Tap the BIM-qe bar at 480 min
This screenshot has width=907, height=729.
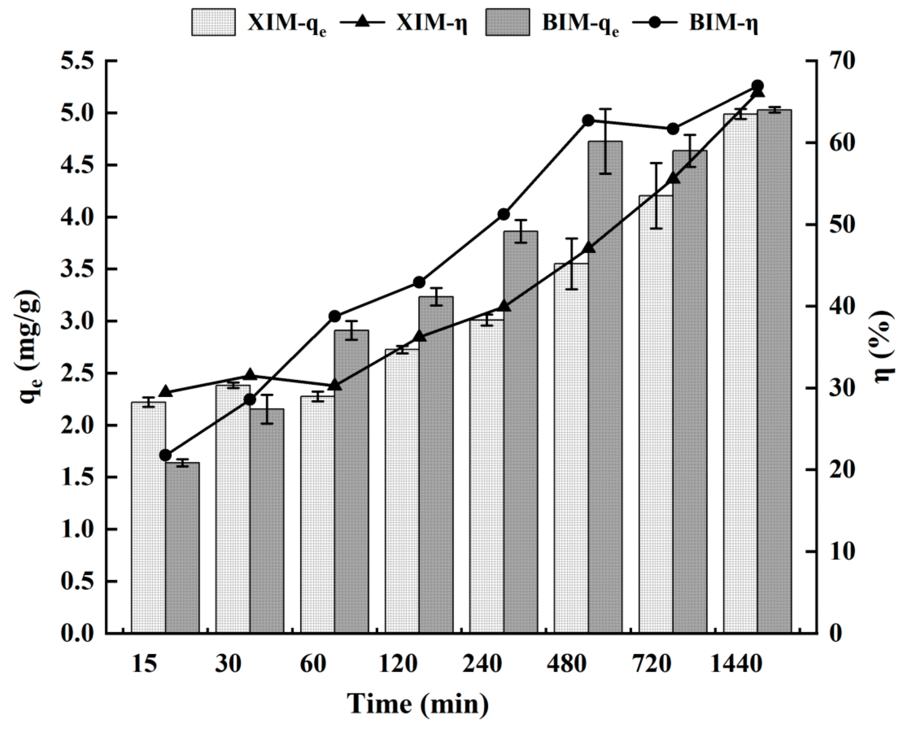pyautogui.click(x=605, y=387)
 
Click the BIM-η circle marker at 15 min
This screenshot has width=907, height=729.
pyautogui.click(x=166, y=455)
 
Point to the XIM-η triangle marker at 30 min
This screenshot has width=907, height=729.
pyautogui.click(x=251, y=375)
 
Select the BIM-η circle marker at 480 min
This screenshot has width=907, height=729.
pyautogui.click(x=589, y=120)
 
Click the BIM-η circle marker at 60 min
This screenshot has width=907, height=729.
pyautogui.click(x=335, y=316)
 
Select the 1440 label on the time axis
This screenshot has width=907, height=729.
pyautogui.click(x=736, y=664)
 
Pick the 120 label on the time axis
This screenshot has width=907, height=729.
pyautogui.click(x=398, y=664)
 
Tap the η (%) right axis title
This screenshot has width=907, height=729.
pyautogui.click(x=883, y=347)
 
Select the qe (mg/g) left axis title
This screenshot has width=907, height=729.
pyautogui.click(x=30, y=347)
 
